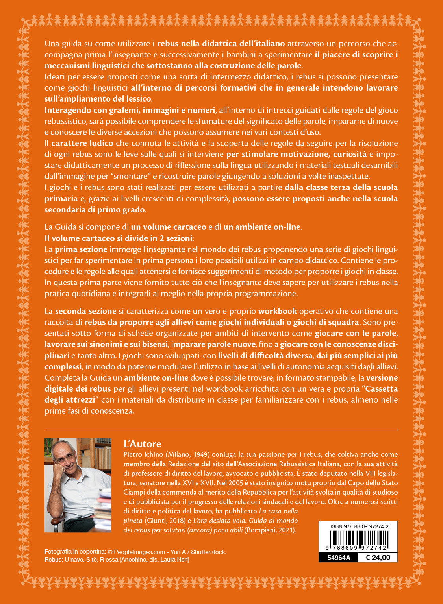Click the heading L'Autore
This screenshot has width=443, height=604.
coord(142,444)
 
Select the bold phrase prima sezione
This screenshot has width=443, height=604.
coord(81,249)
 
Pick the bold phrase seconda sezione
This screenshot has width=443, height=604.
coord(85,311)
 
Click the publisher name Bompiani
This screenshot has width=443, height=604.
coord(260,530)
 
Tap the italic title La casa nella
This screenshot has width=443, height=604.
coord(278,511)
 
